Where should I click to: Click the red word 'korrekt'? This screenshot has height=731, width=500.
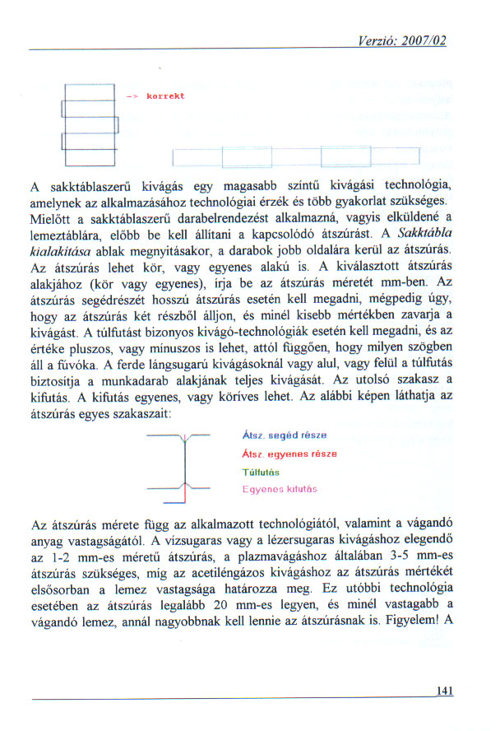[x=165, y=96]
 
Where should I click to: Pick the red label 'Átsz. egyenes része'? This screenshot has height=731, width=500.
[x=289, y=454]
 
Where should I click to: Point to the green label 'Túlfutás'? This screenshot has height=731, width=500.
[x=262, y=472]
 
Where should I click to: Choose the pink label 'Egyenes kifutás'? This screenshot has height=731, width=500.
[x=280, y=489]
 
